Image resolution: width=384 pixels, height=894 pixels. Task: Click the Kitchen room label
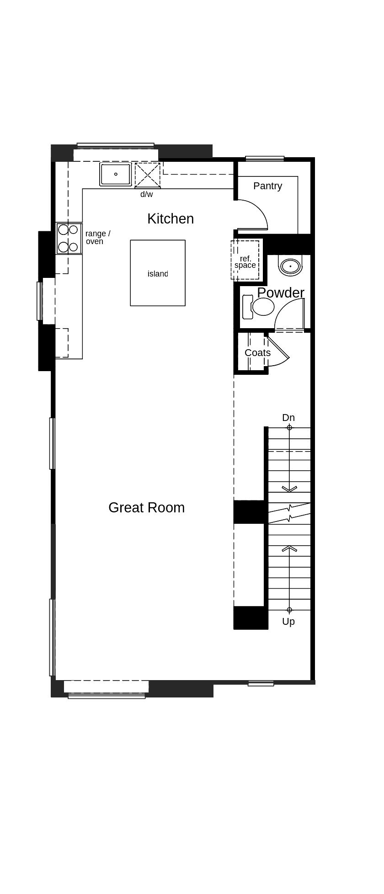pos(170,219)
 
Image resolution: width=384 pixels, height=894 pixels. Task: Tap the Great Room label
pos(146,507)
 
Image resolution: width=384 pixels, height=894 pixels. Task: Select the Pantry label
pos(267,186)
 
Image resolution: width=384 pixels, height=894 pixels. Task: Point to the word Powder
pos(280,293)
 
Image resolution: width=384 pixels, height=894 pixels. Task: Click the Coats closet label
pos(257,353)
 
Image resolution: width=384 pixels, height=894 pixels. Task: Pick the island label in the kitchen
pos(158,274)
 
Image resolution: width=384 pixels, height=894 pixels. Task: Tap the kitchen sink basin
pos(116,174)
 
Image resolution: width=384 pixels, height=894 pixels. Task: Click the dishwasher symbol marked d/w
pos(148,175)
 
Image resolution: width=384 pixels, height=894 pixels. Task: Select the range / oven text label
pos(97,237)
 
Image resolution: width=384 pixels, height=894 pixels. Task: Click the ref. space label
pos(245,262)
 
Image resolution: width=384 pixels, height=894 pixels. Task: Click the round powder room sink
pos(290,266)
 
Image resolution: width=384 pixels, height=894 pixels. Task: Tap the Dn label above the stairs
pos(288,418)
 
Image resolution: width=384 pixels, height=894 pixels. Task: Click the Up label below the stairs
pos(288,622)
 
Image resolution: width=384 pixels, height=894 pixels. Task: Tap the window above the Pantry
pos(265,159)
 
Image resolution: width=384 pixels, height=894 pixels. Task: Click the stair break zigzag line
pos(289,513)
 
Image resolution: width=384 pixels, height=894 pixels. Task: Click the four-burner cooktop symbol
pos(69,238)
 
